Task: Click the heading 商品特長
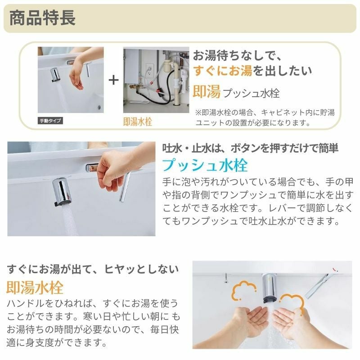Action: (x=42, y=18)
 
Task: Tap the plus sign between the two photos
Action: (x=113, y=80)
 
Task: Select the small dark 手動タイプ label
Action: (x=50, y=121)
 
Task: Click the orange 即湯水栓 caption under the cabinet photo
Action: (x=138, y=121)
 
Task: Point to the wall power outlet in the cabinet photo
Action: (x=149, y=71)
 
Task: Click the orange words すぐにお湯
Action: (x=222, y=71)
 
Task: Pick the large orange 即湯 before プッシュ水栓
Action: (x=207, y=91)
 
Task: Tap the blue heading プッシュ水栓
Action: (x=205, y=165)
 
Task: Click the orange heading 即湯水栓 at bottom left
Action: (x=35, y=288)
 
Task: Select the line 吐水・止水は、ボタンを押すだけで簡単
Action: (x=250, y=148)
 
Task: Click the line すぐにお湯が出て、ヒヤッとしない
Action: (x=93, y=269)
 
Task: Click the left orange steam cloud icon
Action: (x=243, y=290)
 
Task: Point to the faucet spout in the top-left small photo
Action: (x=55, y=75)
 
